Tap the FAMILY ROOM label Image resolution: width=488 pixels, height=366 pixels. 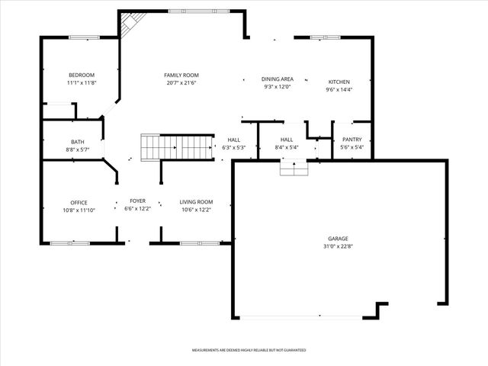(181, 75)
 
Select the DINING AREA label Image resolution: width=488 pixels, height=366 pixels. (278, 79)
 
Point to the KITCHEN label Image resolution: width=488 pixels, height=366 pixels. (339, 82)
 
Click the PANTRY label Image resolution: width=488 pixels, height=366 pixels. (352, 140)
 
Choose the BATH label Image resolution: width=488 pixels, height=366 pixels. (78, 142)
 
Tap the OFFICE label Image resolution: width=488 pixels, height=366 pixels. (79, 202)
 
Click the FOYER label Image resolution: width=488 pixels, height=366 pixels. (137, 201)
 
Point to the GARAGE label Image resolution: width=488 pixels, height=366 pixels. (339, 239)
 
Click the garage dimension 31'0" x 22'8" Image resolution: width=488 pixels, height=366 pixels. (339, 247)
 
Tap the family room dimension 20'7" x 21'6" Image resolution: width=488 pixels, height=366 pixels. (181, 83)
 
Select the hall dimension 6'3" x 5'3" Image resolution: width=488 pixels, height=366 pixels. (233, 148)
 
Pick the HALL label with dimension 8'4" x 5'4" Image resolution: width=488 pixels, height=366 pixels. (287, 140)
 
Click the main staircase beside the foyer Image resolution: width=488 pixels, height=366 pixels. (177, 146)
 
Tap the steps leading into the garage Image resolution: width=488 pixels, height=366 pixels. (293, 167)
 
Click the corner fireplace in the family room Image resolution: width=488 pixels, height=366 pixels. (129, 24)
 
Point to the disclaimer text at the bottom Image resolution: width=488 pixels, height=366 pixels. (249, 350)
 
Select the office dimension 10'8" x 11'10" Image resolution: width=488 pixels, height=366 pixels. (79, 210)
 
